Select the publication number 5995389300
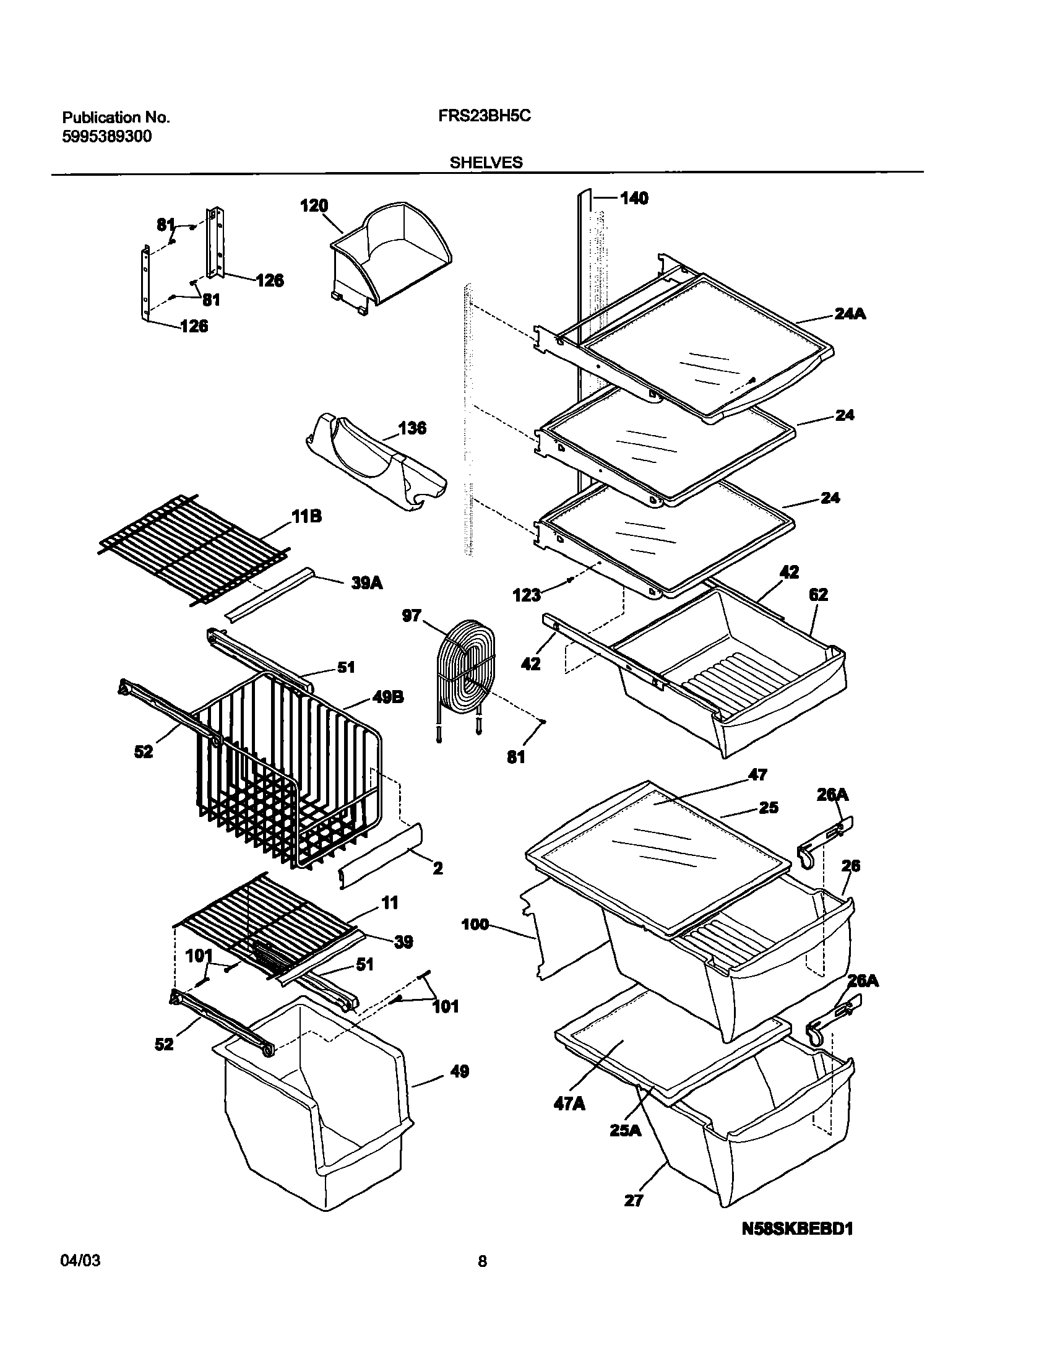(x=107, y=137)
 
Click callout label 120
(x=314, y=206)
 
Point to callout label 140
(x=634, y=198)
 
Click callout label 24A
(x=850, y=314)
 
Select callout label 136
(x=412, y=428)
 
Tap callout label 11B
(x=307, y=516)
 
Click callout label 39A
(x=367, y=583)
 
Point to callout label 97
(x=412, y=616)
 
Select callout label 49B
(x=388, y=698)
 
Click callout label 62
(x=818, y=595)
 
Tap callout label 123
(x=527, y=595)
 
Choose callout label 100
(x=475, y=925)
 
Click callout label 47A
(x=570, y=1104)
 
